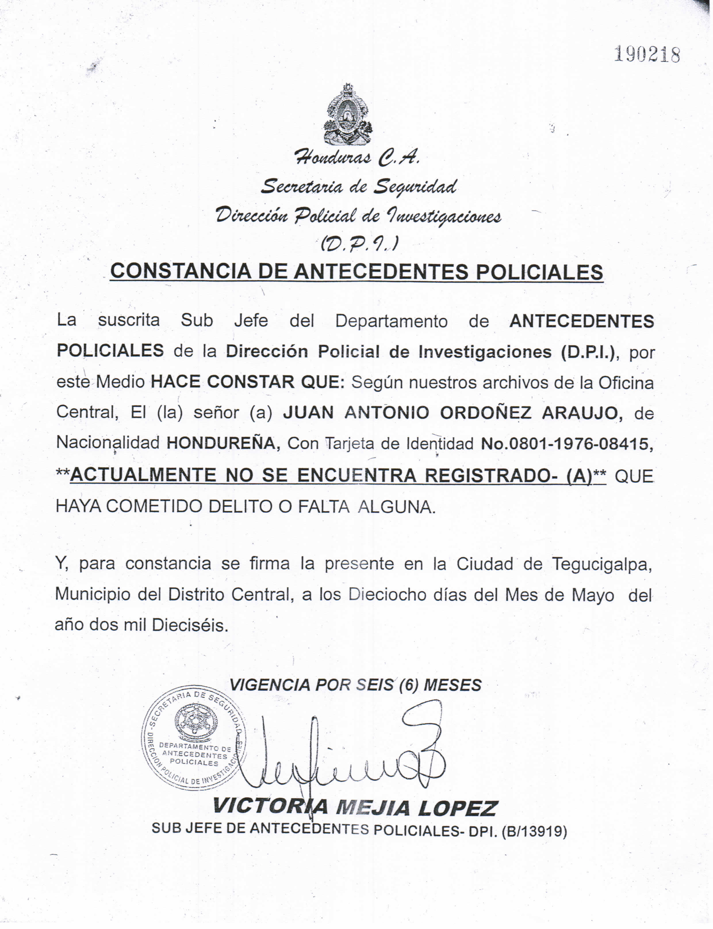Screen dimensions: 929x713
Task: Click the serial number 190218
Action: click(647, 55)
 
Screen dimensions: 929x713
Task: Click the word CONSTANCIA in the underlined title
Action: click(180, 272)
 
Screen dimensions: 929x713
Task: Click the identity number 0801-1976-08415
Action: click(580, 444)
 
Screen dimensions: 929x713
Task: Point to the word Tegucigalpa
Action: click(602, 564)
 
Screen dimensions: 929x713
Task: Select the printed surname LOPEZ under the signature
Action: click(457, 808)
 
